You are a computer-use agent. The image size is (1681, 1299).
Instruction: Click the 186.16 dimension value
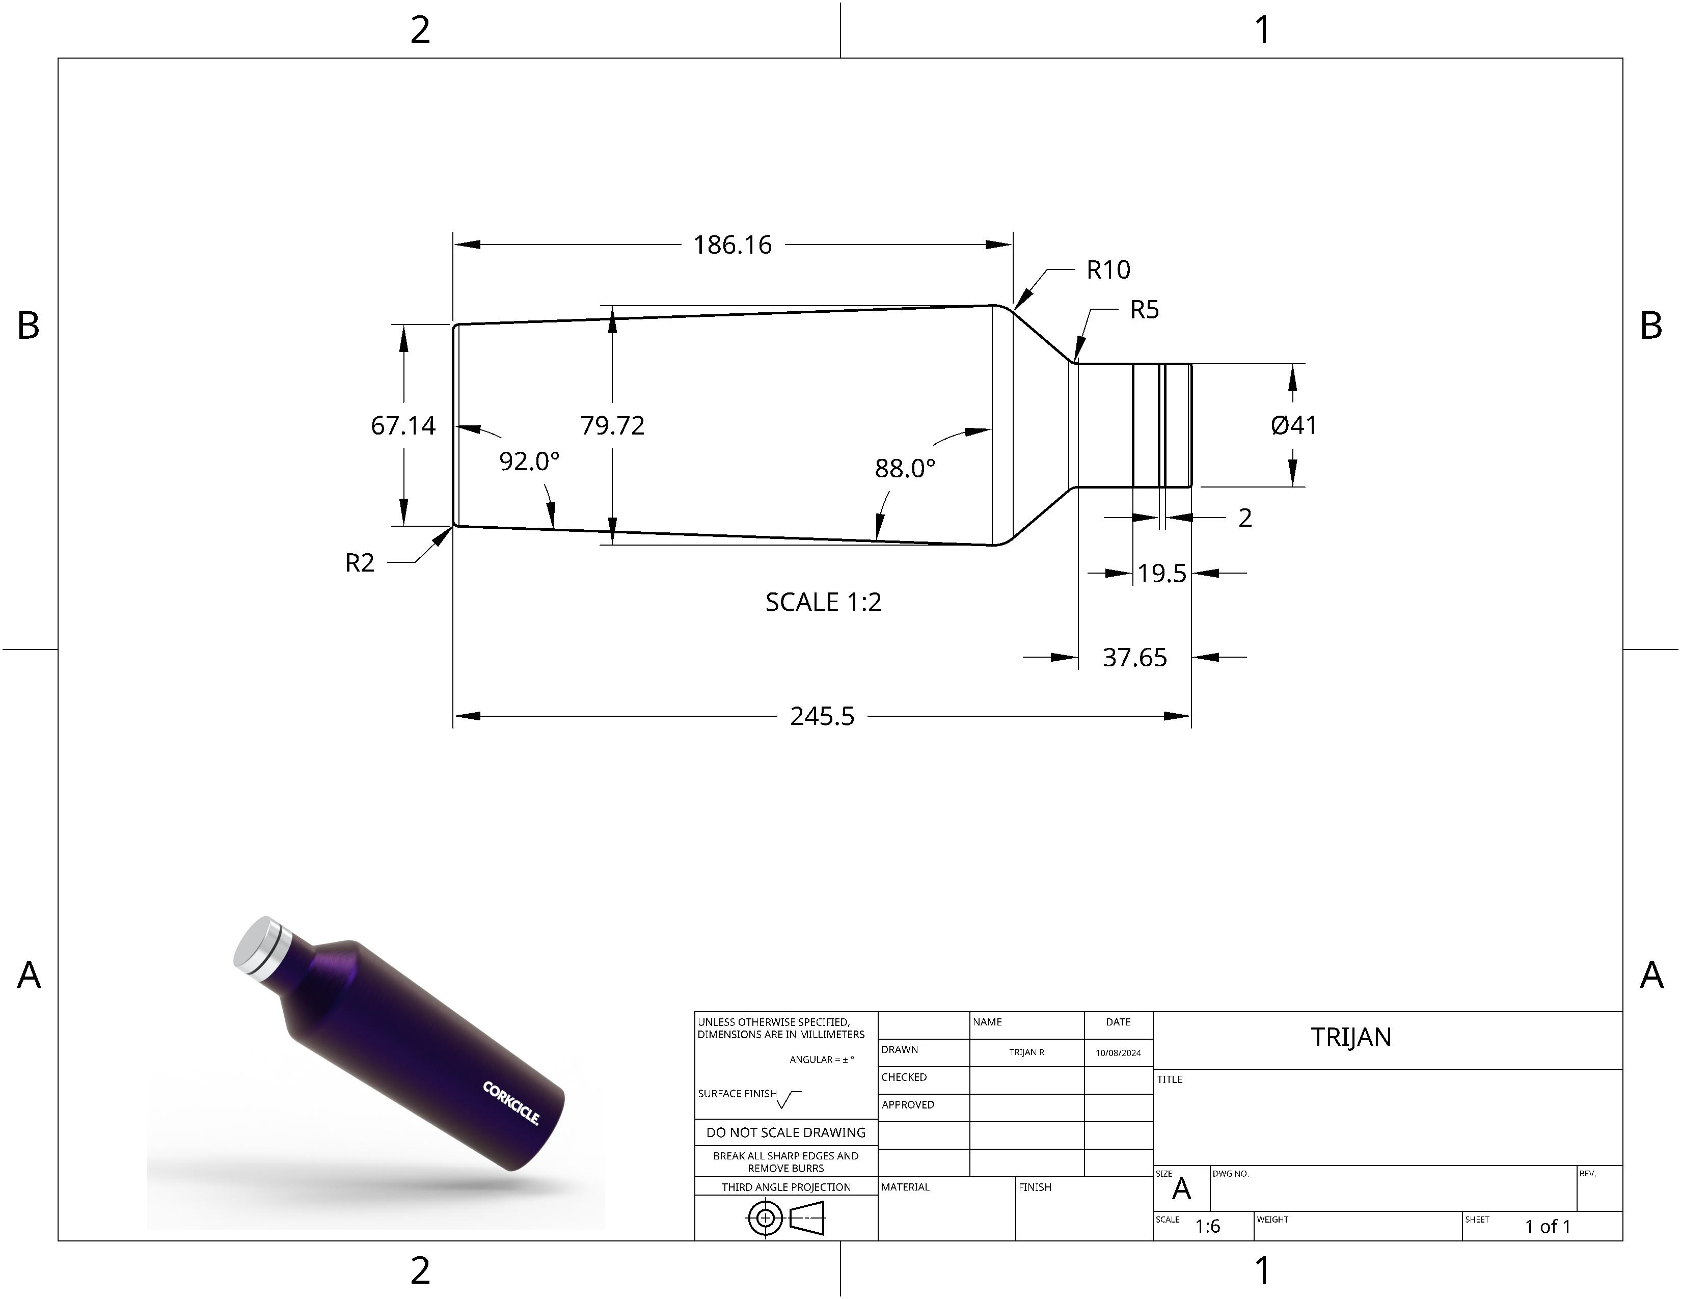pyautogui.click(x=732, y=245)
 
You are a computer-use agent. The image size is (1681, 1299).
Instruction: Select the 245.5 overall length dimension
pyautogui.click(x=822, y=716)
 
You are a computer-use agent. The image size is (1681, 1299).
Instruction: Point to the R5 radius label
pyautogui.click(x=1144, y=310)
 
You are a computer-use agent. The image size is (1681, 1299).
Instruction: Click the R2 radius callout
pyautogui.click(x=360, y=563)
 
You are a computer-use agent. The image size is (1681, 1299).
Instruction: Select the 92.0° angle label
pyautogui.click(x=530, y=462)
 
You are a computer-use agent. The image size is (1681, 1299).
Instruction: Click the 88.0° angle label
pyautogui.click(x=905, y=468)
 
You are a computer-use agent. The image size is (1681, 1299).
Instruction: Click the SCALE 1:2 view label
pyautogui.click(x=823, y=602)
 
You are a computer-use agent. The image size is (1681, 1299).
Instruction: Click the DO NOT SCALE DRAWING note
pyautogui.click(x=786, y=1132)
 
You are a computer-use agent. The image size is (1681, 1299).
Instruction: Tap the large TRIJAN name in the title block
pyautogui.click(x=1351, y=1037)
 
